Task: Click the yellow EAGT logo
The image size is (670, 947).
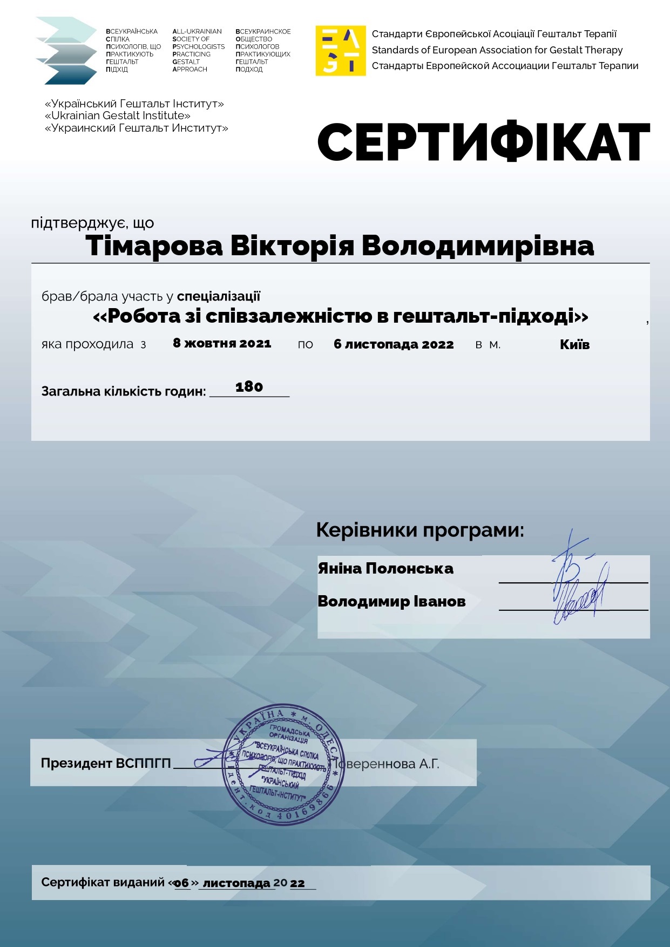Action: [x=341, y=51]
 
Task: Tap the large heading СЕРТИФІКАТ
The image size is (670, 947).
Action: [x=483, y=142]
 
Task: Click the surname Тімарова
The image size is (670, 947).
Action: [x=154, y=246]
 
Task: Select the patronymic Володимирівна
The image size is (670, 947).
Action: [x=478, y=246]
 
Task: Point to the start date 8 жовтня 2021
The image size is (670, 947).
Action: [x=222, y=344]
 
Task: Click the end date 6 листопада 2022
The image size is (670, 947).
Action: [x=394, y=344]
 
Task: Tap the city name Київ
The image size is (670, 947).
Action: [x=574, y=344]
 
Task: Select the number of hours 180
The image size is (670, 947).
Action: [x=249, y=387]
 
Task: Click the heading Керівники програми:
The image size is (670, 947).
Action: [x=420, y=530]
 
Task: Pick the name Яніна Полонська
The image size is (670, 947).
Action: [x=385, y=569]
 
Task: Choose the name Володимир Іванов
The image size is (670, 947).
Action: [x=391, y=602]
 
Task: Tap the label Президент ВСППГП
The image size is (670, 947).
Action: [x=106, y=764]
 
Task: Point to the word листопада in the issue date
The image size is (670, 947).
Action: [x=236, y=883]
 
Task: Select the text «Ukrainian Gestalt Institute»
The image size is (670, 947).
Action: [x=118, y=115]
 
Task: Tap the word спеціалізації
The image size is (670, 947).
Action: [x=219, y=296]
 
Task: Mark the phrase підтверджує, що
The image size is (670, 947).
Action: [x=92, y=223]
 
